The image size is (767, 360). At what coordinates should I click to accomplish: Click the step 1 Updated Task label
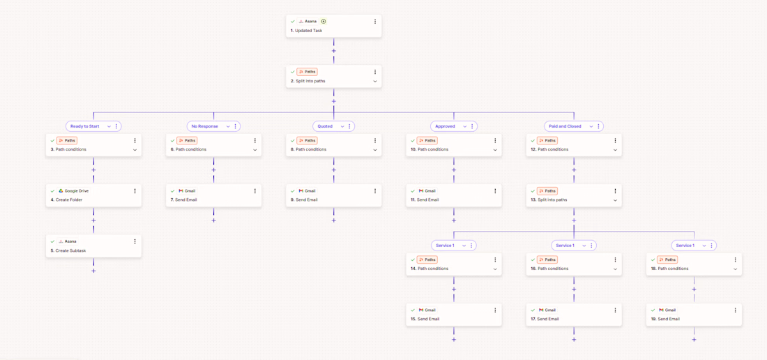tap(306, 30)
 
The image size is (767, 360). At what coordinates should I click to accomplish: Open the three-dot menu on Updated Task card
tap(375, 22)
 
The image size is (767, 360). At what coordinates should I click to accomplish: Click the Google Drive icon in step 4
tap(61, 190)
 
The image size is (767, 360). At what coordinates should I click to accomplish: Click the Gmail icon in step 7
tap(181, 190)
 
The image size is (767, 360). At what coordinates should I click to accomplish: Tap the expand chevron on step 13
tap(616, 200)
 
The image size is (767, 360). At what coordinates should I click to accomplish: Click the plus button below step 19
tap(694, 340)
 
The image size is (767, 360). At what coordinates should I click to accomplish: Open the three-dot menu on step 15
tap(495, 310)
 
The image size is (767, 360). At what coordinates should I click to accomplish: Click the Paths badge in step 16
tap(547, 260)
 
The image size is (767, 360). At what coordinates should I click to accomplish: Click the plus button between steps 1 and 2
tap(333, 51)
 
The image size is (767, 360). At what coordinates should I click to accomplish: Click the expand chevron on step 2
tap(375, 81)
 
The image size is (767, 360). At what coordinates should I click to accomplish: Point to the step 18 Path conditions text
tap(668, 269)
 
